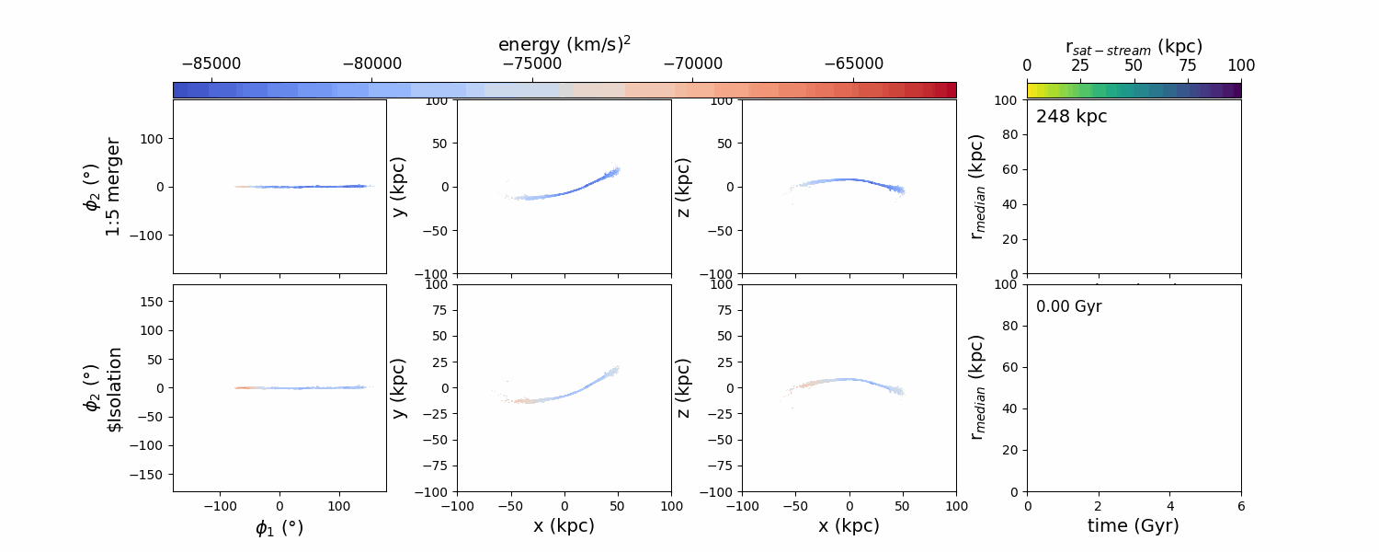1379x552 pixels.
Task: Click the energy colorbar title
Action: [x=564, y=44]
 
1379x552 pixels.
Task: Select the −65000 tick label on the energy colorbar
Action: [x=853, y=63]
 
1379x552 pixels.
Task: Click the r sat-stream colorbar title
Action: [x=1134, y=46]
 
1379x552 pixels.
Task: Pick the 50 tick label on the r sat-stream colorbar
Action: [x=1134, y=65]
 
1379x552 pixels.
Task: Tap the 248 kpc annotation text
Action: [x=1072, y=117]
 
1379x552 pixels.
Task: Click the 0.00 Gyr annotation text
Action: [x=1069, y=306]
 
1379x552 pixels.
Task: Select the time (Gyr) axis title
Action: [x=1134, y=525]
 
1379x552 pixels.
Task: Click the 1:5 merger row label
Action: [x=113, y=187]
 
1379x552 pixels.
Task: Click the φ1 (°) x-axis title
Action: [x=279, y=527]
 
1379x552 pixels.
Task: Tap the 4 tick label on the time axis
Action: [x=1169, y=505]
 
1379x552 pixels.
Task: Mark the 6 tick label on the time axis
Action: [x=1241, y=505]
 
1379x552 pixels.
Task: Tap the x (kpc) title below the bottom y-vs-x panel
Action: [x=564, y=525]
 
